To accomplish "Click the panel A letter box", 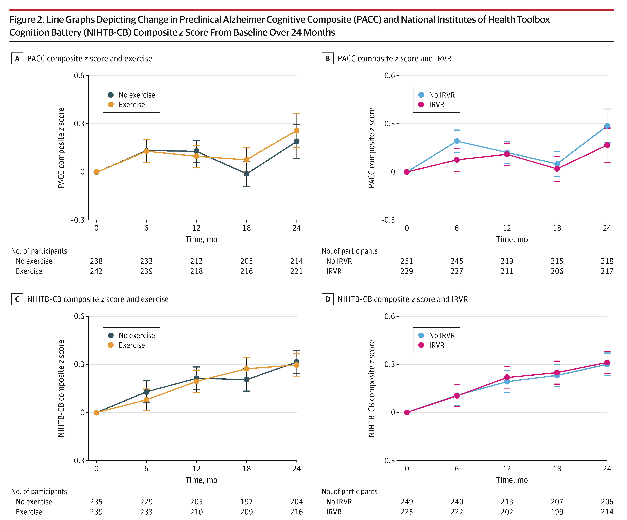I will click(17, 59).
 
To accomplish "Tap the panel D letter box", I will click(328, 299).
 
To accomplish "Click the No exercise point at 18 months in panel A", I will click(246, 173).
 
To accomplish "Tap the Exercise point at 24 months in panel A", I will click(296, 131).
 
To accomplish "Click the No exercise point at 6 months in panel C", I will click(146, 392).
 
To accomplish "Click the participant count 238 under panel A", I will click(96, 261).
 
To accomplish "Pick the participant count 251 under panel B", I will click(407, 261).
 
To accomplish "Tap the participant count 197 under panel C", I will click(246, 502).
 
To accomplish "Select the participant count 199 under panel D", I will click(557, 512).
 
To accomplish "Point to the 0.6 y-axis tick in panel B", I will click(389, 75).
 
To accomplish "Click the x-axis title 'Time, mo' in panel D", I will click(512, 480).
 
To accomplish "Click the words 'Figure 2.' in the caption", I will click(27, 20).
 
